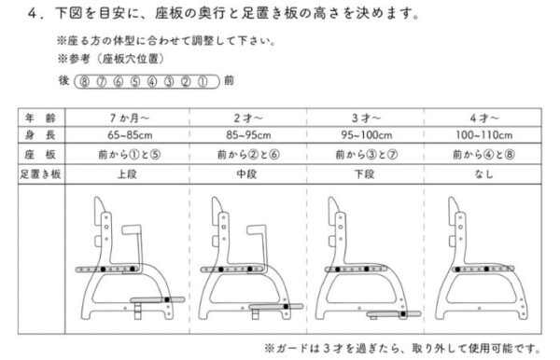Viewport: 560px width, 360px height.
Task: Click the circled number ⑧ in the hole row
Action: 84,82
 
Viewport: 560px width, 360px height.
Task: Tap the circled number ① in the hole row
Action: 203,82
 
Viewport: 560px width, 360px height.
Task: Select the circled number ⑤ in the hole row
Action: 135,82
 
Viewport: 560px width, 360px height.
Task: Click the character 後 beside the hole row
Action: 63,80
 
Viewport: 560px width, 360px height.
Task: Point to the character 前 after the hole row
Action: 229,80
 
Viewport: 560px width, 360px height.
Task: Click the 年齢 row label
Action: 40,118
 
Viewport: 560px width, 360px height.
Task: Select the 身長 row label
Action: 40,135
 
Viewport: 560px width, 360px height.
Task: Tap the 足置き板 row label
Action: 40,174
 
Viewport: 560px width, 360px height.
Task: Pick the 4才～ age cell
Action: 483,118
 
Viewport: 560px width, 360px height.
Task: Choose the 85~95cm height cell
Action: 248,135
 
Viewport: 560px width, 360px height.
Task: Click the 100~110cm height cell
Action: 483,135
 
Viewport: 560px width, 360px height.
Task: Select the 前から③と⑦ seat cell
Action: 367,155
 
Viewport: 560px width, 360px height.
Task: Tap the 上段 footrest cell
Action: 127,174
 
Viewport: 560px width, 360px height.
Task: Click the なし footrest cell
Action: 483,174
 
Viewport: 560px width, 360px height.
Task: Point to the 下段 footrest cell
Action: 364,174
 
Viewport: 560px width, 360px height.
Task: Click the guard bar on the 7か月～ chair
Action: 139,246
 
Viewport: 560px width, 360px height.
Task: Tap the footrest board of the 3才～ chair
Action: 394,314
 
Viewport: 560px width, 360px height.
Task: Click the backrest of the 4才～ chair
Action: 455,211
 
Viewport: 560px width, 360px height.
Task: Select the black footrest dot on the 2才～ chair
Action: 286,307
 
